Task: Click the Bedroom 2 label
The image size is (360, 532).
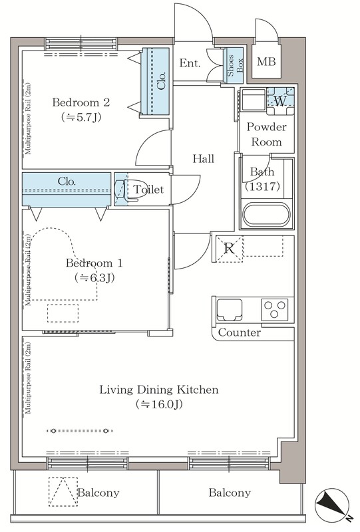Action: point(81,102)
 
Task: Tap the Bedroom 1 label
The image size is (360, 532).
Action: point(94,263)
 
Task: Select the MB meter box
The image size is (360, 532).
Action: point(266,62)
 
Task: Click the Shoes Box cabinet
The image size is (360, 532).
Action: point(235,65)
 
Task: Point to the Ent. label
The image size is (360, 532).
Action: point(190,63)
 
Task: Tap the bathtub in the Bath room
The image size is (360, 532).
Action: point(266,214)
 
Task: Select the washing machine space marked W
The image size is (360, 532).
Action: point(281,101)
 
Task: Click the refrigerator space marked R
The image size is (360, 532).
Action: point(230,249)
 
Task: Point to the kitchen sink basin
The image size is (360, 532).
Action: point(230,310)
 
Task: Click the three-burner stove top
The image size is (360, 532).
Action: point(274,309)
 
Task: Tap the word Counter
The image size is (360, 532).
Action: point(240,332)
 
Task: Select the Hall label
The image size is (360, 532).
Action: point(204,158)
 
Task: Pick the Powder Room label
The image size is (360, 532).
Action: point(267,134)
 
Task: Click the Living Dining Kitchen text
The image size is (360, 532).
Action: point(159,390)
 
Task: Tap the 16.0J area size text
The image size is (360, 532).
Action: point(159,404)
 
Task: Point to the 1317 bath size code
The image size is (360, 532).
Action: point(262,186)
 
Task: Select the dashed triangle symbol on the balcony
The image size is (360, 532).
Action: point(63,491)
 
